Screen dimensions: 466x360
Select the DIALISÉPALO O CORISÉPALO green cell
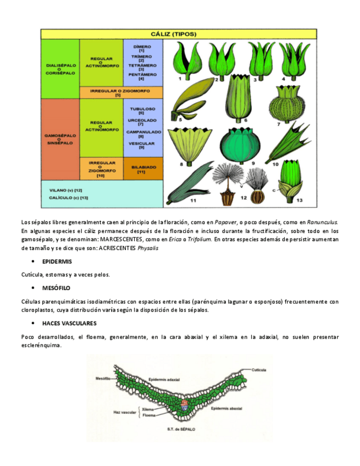(x=60, y=69)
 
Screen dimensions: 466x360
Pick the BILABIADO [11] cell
(x=143, y=169)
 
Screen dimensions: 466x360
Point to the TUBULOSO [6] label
(x=142, y=110)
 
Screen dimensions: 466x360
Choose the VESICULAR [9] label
(x=142, y=145)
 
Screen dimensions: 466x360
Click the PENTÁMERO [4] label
(x=142, y=76)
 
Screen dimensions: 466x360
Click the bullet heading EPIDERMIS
(x=57, y=262)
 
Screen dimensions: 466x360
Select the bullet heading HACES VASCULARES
(x=69, y=323)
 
